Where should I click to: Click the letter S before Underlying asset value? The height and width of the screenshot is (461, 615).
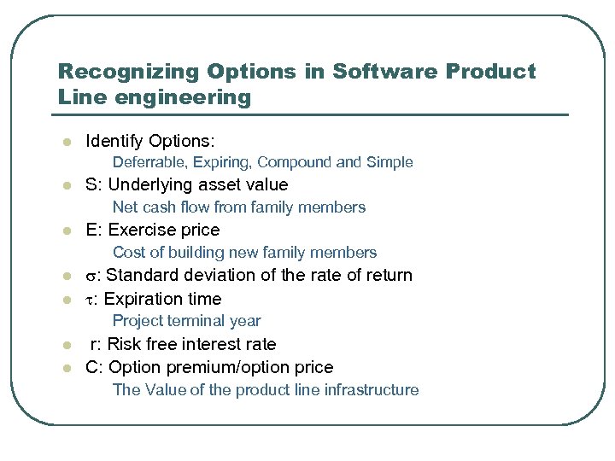point(91,185)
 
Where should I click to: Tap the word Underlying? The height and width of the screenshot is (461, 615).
point(150,185)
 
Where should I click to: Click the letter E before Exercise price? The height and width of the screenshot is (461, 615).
point(91,230)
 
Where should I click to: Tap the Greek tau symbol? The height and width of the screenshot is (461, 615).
point(90,300)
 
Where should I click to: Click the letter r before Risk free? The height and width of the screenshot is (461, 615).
point(93,345)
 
